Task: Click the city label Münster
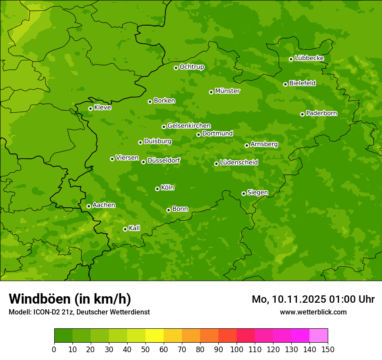point(227,91)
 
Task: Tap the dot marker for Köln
point(157,189)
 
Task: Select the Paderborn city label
point(321,113)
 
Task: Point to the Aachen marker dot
point(89,206)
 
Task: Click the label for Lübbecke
point(309,58)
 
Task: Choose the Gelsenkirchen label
point(189,126)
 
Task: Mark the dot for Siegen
point(244,193)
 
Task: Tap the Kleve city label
point(102,108)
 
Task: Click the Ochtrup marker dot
point(176,68)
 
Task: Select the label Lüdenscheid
point(239,163)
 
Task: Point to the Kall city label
point(134,228)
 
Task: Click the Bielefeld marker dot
point(285,84)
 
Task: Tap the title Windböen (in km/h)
point(70,299)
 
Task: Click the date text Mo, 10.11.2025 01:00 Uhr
point(313,299)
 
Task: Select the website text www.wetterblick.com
point(313,312)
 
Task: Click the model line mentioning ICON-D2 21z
point(79,312)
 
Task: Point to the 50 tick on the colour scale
point(145,349)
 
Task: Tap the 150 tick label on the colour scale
point(328,349)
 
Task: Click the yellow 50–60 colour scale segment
point(155,336)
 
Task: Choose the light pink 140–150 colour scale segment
point(319,336)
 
